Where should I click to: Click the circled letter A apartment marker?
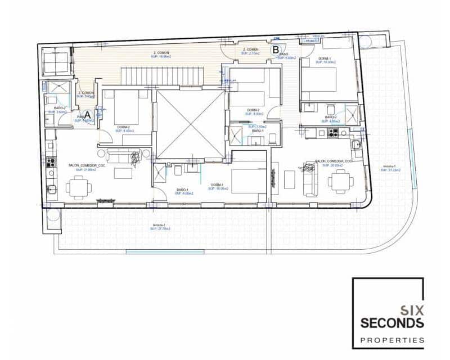click(x=87, y=115)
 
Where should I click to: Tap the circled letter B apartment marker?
click(x=276, y=49)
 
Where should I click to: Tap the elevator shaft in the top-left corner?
click(x=56, y=61)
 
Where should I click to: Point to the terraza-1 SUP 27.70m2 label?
click(x=161, y=227)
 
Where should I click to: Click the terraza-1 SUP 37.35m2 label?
click(x=390, y=168)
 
